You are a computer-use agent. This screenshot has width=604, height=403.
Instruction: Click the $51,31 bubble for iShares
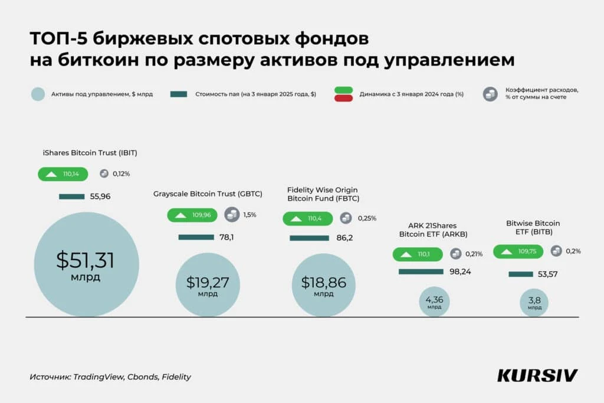tap(86, 264)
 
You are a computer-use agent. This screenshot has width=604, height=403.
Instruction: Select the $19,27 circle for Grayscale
tap(207, 286)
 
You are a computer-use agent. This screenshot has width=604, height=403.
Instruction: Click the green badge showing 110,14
tap(63, 174)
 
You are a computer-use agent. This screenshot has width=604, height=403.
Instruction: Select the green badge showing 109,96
tap(192, 215)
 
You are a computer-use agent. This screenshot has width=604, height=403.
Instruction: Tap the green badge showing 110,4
tap(308, 218)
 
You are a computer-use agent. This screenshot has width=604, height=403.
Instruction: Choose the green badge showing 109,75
tap(518, 251)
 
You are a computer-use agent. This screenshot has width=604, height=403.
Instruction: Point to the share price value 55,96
tap(100, 196)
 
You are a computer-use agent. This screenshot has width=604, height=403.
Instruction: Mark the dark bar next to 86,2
tap(309, 238)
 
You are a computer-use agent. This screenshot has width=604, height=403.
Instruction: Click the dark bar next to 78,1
tap(196, 237)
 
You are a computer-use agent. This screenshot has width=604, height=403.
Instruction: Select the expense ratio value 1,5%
tap(250, 215)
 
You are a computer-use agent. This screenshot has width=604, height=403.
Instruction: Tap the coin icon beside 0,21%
tap(456, 254)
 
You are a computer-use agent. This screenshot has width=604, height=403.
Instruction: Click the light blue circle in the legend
tap(37, 94)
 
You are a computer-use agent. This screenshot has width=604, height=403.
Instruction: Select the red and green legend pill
tap(343, 94)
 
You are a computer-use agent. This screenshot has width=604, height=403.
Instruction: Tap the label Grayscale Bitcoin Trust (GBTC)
tap(208, 194)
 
